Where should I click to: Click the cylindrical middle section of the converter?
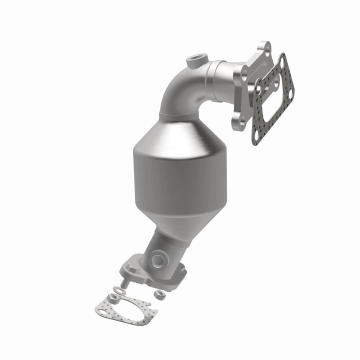(172, 175)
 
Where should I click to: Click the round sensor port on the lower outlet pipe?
(157, 259)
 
